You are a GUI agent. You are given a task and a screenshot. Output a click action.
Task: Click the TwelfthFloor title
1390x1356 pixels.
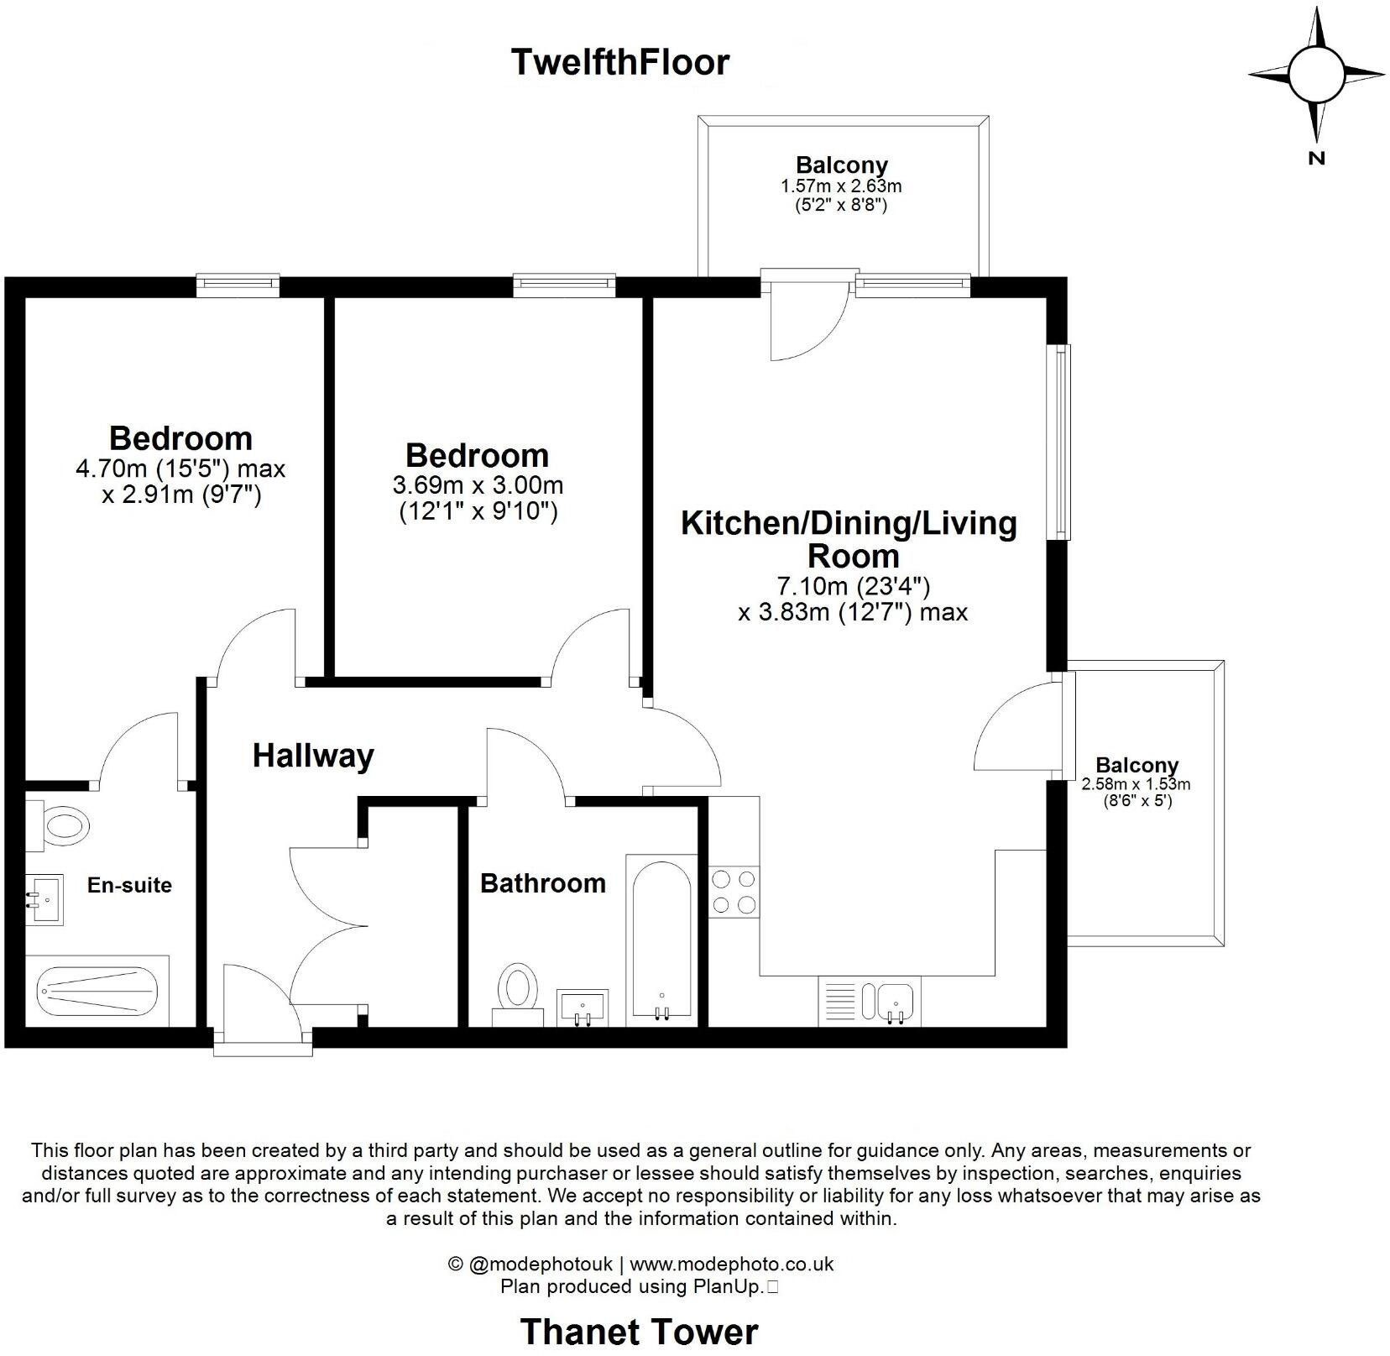point(620,62)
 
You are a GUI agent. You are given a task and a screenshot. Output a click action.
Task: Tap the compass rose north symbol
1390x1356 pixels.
point(1315,76)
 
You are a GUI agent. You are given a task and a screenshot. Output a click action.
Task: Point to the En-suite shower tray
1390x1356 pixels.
point(97,992)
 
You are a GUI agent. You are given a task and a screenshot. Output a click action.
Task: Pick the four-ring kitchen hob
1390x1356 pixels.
point(733,892)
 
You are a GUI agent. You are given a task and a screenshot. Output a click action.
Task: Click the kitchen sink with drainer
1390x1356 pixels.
point(870,1001)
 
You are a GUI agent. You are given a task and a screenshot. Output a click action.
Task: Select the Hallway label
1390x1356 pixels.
point(313,756)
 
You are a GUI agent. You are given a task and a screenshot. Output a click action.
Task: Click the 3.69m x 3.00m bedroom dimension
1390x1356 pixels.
point(478,485)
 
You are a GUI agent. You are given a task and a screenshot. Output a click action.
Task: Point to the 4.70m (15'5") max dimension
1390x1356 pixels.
point(180,469)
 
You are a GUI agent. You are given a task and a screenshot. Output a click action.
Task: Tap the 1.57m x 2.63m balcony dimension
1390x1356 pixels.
point(841,186)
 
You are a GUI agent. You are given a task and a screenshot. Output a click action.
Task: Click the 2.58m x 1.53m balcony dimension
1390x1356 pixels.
point(1136,785)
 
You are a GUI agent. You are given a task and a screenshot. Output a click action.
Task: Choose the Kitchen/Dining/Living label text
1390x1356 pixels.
point(849,523)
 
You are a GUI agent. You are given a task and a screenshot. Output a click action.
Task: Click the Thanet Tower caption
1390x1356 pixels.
point(639,1332)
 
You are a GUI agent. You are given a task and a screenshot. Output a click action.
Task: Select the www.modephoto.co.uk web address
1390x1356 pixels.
point(731,1264)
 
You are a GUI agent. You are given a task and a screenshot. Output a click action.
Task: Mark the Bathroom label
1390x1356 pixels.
point(542,883)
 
